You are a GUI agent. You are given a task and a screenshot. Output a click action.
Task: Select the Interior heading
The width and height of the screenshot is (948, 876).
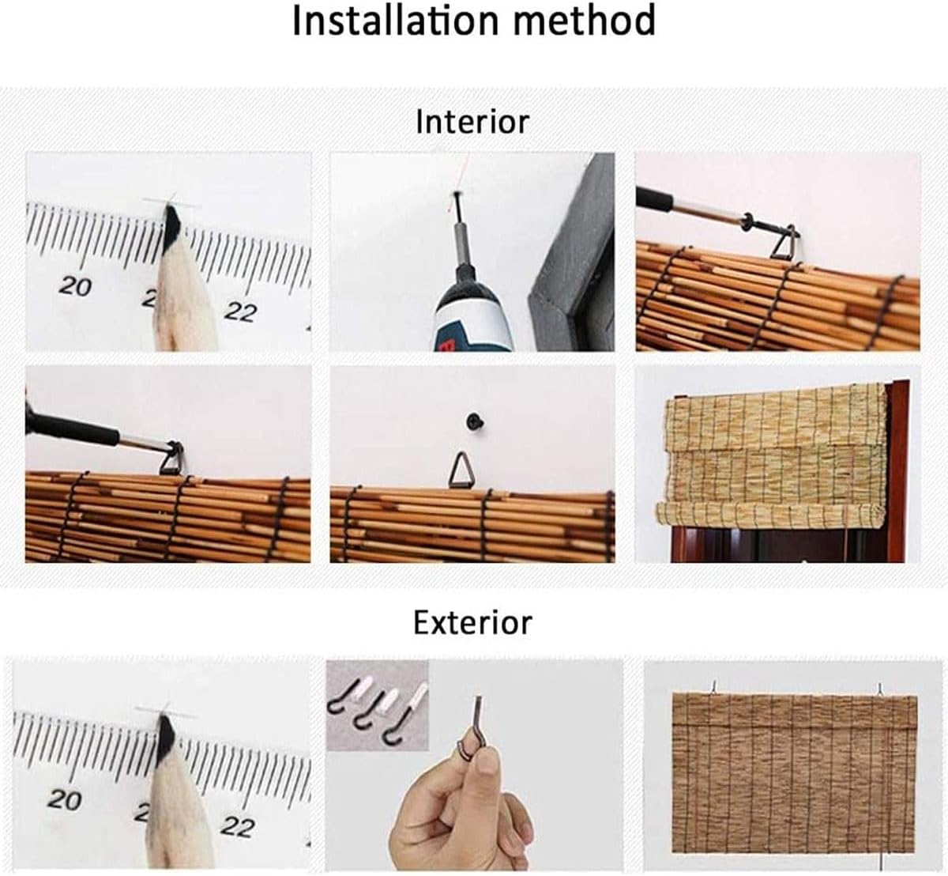472,122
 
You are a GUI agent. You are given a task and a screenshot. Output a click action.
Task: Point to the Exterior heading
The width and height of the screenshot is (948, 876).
472,622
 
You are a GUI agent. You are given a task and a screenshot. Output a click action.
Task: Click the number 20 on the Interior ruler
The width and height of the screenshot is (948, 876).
75,286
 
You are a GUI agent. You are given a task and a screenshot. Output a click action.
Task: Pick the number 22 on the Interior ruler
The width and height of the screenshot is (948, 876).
239,311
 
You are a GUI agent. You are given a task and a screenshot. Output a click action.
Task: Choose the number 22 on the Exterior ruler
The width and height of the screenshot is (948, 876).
237,826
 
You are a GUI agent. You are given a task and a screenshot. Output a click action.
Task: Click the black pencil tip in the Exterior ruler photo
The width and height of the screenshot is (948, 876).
167,729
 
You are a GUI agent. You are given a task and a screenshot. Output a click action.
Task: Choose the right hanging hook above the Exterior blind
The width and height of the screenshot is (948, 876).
879,689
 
